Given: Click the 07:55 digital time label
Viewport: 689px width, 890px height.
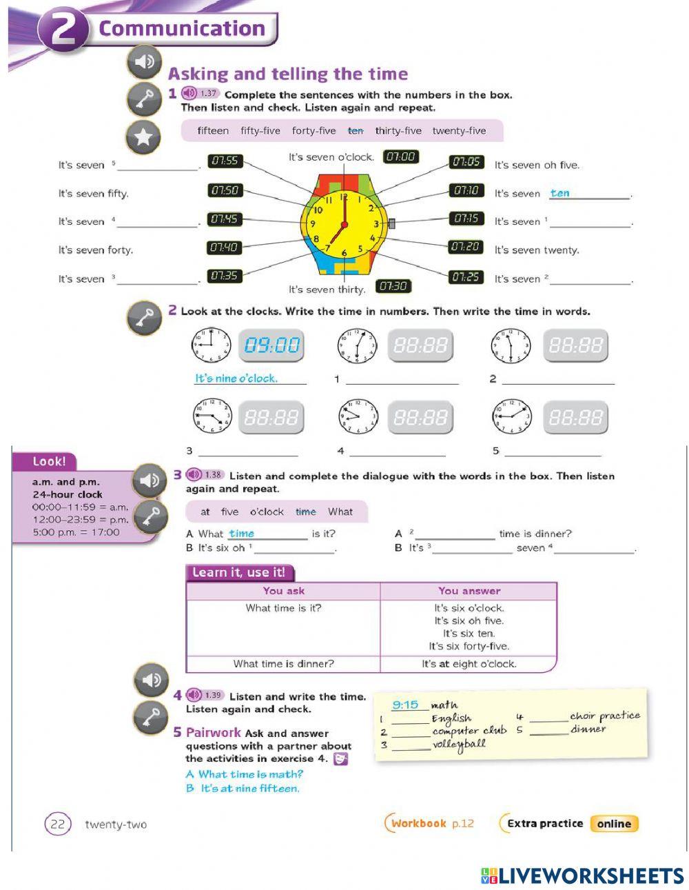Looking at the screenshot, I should [225, 161].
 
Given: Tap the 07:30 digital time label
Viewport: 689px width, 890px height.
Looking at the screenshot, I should [393, 286].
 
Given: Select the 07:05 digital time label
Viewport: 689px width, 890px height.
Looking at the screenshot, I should [466, 162].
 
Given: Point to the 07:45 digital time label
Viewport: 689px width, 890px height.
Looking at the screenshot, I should [225, 219].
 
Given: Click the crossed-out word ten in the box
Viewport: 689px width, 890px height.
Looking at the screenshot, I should [356, 131].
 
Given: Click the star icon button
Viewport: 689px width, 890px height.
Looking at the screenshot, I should [143, 136].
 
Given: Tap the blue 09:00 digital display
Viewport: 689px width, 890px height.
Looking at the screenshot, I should [272, 345].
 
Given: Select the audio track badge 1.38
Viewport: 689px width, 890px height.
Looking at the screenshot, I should [205, 475].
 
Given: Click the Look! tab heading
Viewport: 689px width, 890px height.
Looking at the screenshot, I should [49, 462].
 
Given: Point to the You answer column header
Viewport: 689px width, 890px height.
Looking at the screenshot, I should [469, 591].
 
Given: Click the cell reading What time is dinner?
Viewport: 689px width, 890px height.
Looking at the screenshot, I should [283, 664].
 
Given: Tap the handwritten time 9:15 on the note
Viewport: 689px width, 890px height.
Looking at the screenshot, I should [405, 705].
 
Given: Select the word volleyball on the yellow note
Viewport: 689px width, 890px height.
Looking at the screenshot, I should [459, 745].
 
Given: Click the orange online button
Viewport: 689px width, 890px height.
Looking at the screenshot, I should [614, 823].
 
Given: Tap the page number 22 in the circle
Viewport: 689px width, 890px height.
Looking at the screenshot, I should [58, 825].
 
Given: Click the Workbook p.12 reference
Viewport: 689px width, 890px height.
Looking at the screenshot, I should [432, 823].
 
